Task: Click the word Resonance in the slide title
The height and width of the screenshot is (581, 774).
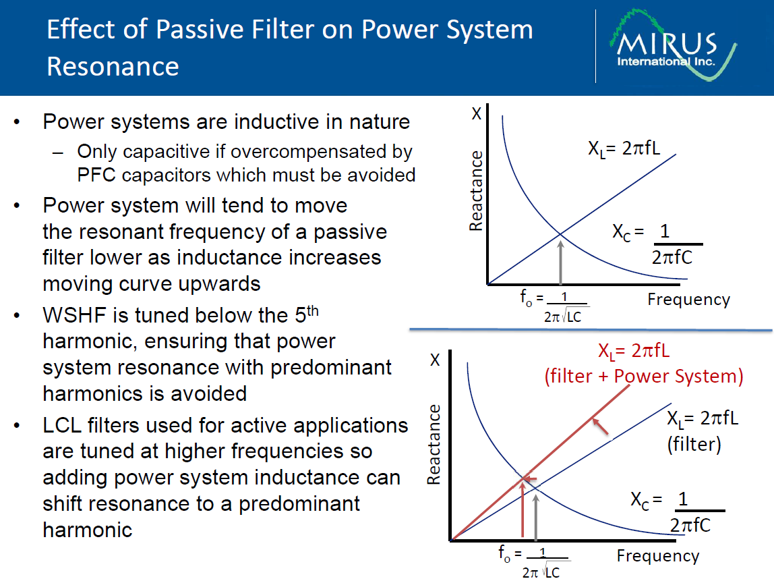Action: coord(113,66)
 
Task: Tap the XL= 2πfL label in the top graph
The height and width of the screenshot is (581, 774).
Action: coord(624,148)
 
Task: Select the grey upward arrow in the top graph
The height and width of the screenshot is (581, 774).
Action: coord(560,259)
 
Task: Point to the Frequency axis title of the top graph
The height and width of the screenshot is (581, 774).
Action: coord(688,300)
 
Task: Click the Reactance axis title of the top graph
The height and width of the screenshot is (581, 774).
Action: coord(476,191)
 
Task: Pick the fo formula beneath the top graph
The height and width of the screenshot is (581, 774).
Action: coord(554,306)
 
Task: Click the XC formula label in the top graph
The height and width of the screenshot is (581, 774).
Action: coord(657,244)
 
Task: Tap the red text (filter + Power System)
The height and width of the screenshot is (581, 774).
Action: coord(644,377)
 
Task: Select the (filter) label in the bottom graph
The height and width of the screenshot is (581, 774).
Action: coord(694,444)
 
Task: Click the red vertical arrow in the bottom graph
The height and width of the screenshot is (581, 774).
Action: coord(523,509)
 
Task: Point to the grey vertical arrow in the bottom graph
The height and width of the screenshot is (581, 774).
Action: coord(536,516)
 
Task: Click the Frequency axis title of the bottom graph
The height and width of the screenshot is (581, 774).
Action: coord(658,556)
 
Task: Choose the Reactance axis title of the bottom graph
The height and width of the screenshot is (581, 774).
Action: coord(434,444)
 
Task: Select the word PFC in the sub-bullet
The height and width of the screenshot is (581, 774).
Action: coord(96,175)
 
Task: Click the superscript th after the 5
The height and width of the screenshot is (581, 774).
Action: coord(313,311)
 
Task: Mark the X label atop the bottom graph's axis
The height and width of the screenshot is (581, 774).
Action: coord(435,360)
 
